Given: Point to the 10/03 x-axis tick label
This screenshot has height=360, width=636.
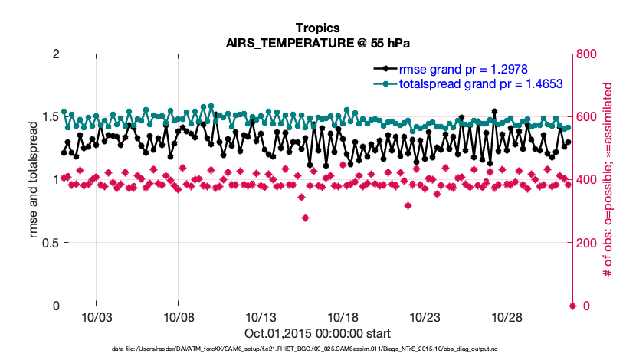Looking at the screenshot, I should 96,317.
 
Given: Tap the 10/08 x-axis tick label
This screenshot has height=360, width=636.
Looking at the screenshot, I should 178,317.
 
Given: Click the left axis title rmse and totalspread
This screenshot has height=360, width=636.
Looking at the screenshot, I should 35,180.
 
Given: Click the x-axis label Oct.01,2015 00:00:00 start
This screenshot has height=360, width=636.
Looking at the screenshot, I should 317,333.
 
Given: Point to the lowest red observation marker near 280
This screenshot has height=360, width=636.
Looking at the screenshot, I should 305,218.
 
